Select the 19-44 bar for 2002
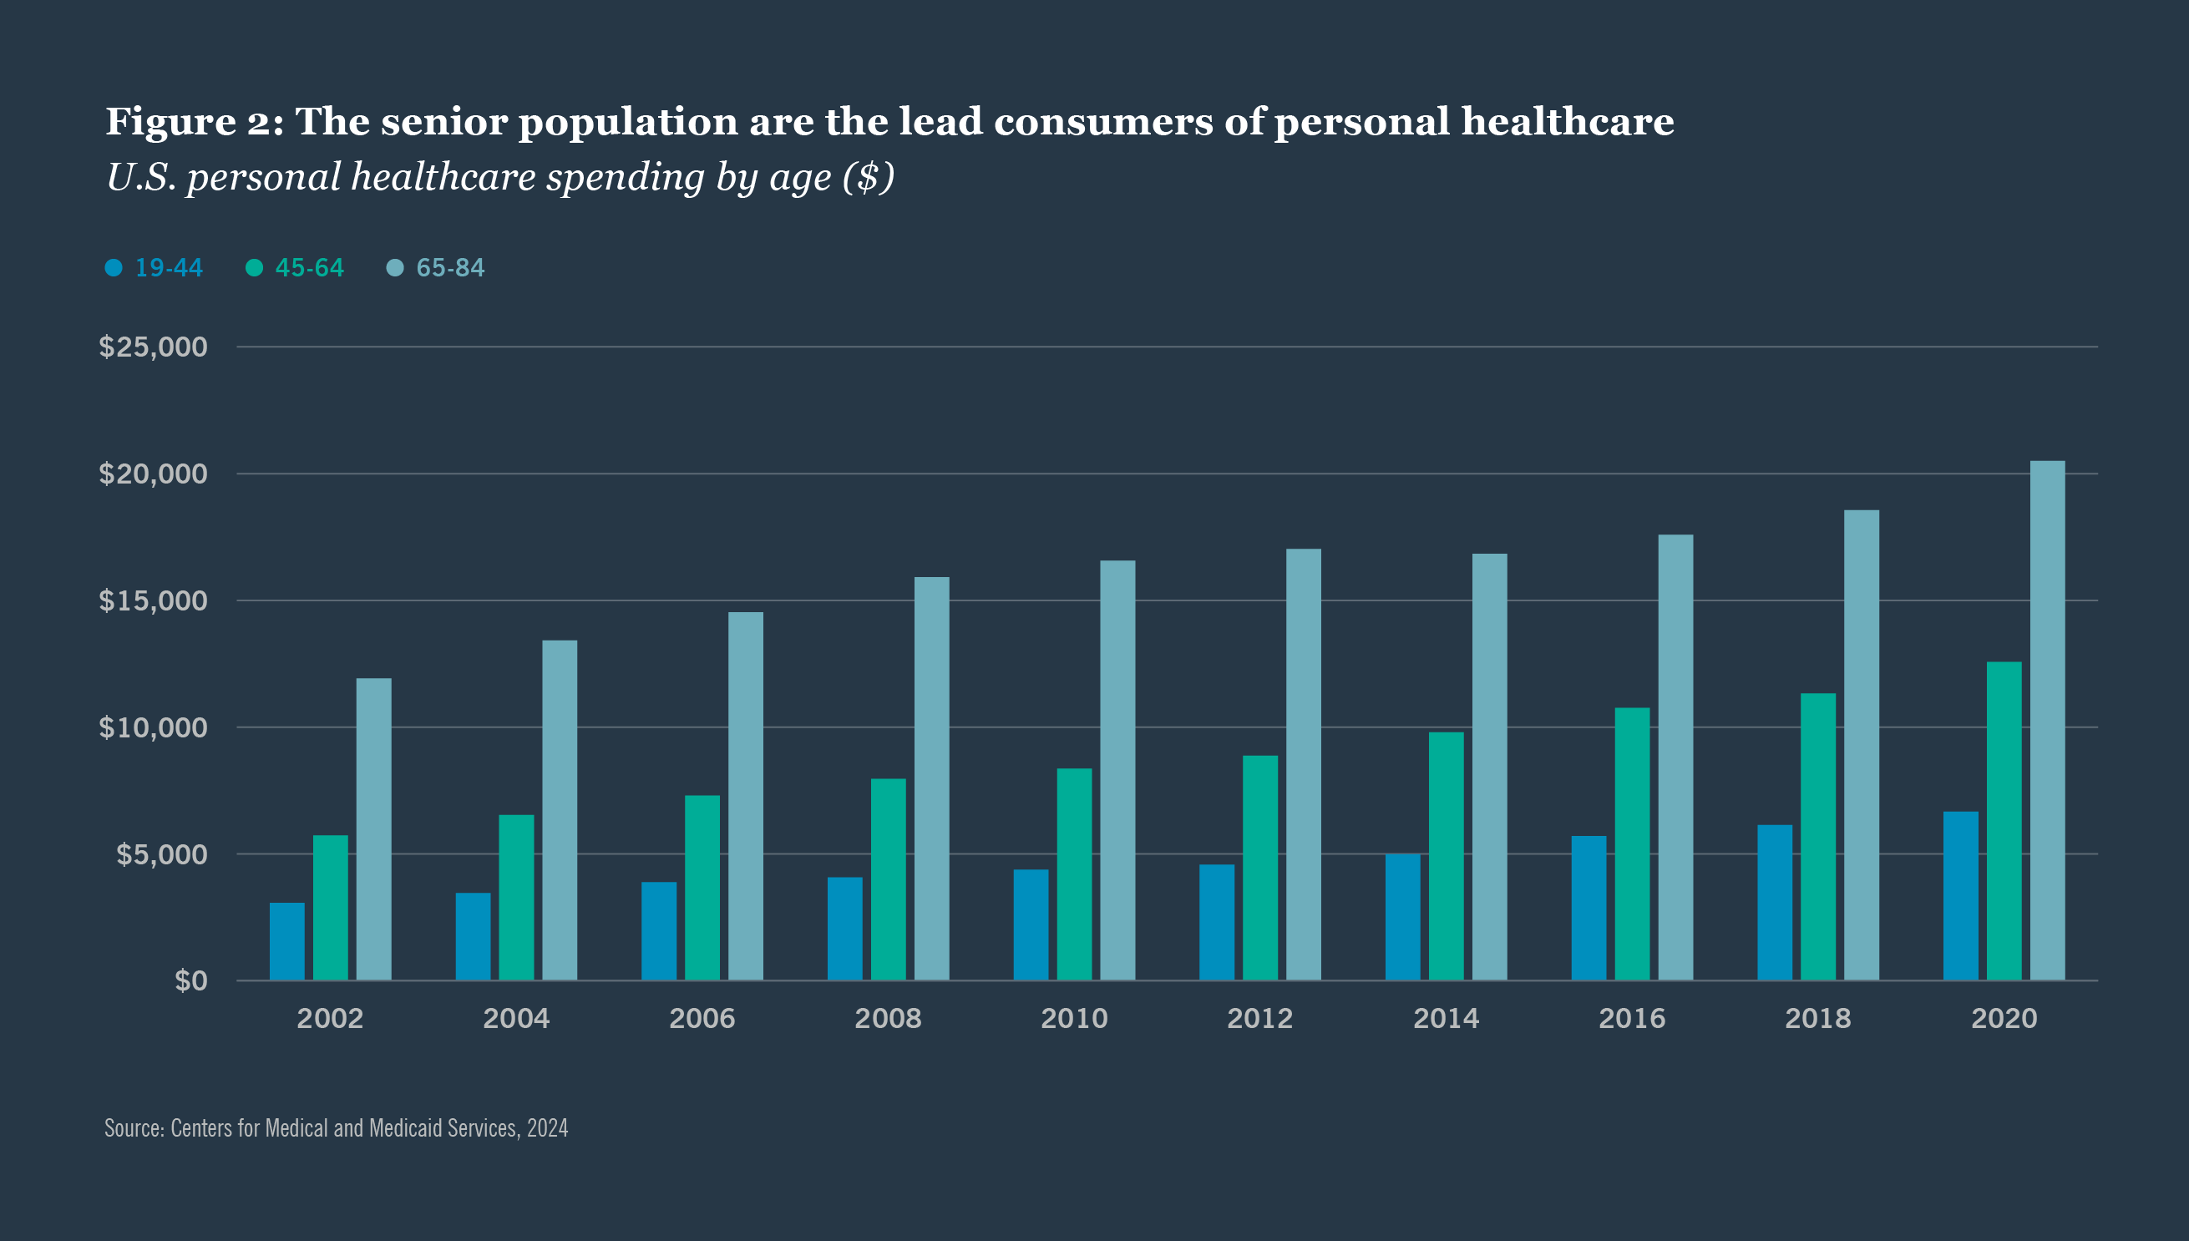tap(286, 941)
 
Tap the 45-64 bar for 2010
tap(1074, 874)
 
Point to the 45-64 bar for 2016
tap(1632, 843)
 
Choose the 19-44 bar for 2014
tap(1402, 916)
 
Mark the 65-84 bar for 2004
tap(560, 810)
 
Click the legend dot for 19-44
tap(114, 267)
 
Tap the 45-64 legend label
tap(309, 267)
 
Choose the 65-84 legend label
tap(450, 267)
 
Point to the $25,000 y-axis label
tap(154, 347)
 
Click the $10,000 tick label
tap(154, 727)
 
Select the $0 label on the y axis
tap(191, 980)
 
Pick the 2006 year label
tap(702, 1018)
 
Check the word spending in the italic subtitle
tap(625, 177)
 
